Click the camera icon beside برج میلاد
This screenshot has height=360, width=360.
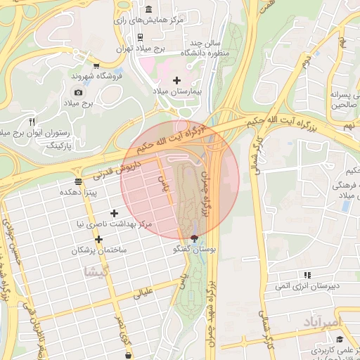(78, 92)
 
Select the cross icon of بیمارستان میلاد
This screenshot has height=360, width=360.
(176, 80)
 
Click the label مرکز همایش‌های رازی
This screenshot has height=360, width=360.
(153, 21)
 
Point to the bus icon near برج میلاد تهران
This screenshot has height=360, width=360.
(141, 37)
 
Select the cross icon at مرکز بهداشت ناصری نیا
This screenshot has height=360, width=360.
(114, 213)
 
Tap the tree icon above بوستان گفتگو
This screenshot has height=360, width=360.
(195, 238)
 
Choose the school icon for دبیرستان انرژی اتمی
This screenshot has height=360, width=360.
(307, 275)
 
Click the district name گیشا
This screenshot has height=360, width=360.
(96, 271)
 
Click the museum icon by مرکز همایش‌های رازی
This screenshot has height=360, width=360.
(149, 9)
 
